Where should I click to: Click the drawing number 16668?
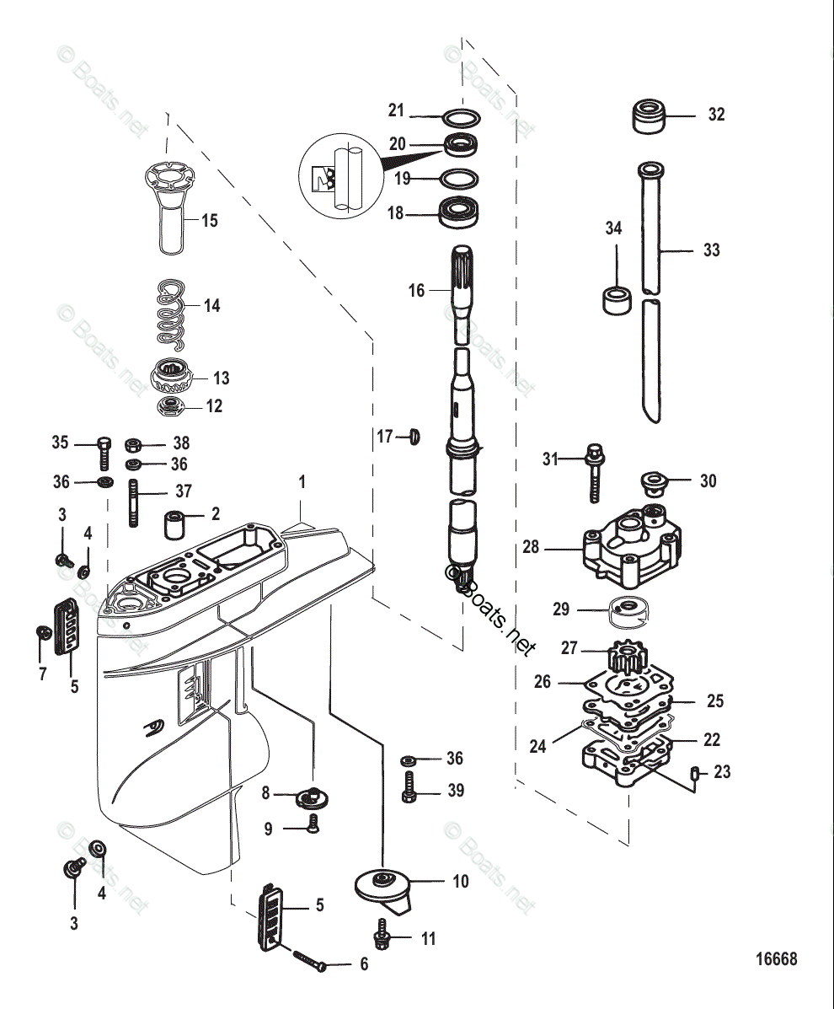pyautogui.click(x=776, y=959)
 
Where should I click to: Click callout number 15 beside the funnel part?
pyautogui.click(x=209, y=220)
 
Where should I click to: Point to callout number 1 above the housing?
pyautogui.click(x=302, y=483)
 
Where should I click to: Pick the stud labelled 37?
pyautogui.click(x=133, y=502)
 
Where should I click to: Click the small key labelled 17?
pyautogui.click(x=414, y=437)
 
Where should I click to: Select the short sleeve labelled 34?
pyautogui.click(x=617, y=299)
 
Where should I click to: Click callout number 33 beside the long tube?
pyautogui.click(x=712, y=250)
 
